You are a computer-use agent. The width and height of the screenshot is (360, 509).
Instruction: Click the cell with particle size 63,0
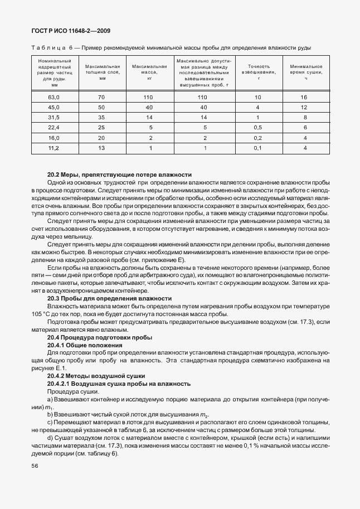[54, 97]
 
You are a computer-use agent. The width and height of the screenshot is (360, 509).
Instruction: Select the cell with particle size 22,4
[54, 127]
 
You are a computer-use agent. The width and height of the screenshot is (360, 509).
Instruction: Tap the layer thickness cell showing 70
[101, 97]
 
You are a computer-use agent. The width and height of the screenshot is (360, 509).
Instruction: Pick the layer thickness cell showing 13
[101, 148]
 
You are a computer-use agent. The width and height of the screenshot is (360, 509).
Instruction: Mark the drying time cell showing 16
[305, 97]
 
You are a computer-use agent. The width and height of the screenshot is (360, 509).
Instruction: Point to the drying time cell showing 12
[305, 107]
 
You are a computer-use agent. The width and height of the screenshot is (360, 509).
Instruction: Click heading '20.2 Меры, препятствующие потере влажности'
[119, 174]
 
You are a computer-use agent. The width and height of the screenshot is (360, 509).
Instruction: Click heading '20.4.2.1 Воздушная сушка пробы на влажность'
[119, 384]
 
